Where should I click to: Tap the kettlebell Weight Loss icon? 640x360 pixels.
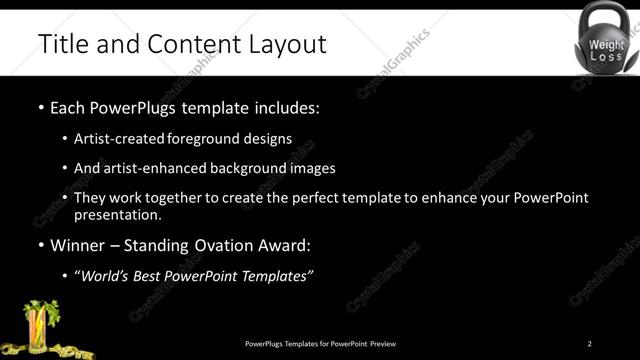(x=606, y=43)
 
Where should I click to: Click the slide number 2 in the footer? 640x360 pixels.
(x=589, y=344)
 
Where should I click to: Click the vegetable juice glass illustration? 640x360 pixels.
(x=39, y=326)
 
